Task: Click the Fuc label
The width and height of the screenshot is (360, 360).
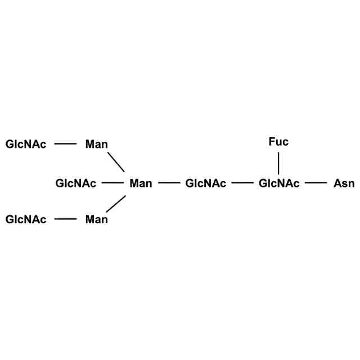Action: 278,142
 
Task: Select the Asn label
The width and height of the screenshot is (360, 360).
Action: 344,183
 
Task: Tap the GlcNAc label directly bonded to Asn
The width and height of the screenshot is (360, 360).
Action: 279,183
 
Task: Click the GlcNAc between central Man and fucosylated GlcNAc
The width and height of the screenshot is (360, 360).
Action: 206,183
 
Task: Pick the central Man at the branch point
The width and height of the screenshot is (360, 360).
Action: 141,183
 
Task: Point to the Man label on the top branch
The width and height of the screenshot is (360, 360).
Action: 96,145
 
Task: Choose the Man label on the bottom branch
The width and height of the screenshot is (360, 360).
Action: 96,219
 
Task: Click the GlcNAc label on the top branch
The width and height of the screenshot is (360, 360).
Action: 26,145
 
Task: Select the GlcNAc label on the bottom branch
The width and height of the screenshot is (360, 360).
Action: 26,219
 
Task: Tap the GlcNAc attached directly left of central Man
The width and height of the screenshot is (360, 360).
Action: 76,183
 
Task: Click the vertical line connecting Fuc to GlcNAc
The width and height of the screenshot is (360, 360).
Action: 278,163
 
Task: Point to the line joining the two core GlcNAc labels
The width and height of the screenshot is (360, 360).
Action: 242,183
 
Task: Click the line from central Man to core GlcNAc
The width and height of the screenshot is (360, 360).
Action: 169,183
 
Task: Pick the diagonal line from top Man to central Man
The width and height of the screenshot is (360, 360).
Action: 115,162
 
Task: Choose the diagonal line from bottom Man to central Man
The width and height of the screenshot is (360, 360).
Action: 115,204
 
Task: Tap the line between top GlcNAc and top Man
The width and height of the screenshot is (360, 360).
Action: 65,144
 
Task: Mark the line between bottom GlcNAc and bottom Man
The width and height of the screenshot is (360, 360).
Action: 65,219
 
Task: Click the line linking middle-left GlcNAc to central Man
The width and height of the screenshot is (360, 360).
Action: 112,183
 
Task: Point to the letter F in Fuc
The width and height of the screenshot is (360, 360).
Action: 272,142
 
